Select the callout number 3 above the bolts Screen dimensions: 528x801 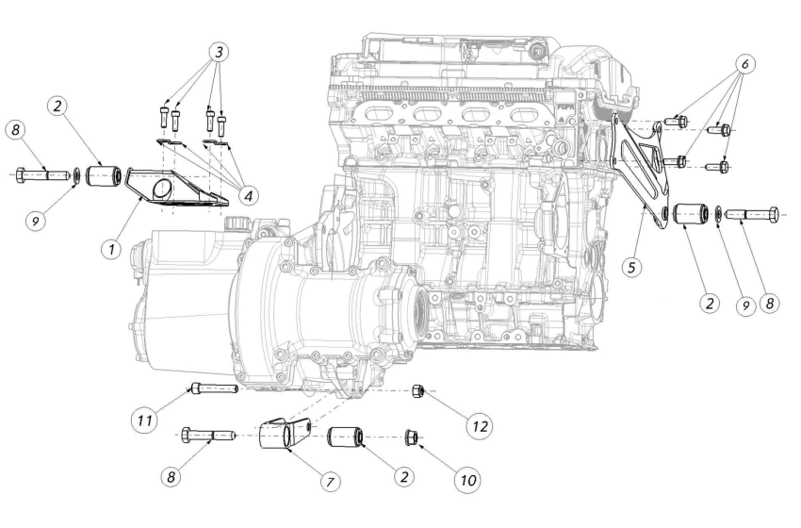point(220,51)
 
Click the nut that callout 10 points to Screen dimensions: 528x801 point(412,437)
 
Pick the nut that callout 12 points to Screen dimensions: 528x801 point(419,389)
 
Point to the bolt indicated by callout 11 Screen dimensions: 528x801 point(213,388)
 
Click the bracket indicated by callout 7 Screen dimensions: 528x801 point(286,436)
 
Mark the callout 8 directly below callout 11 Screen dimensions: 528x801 point(171,478)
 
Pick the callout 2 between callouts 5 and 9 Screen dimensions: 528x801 point(709,304)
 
